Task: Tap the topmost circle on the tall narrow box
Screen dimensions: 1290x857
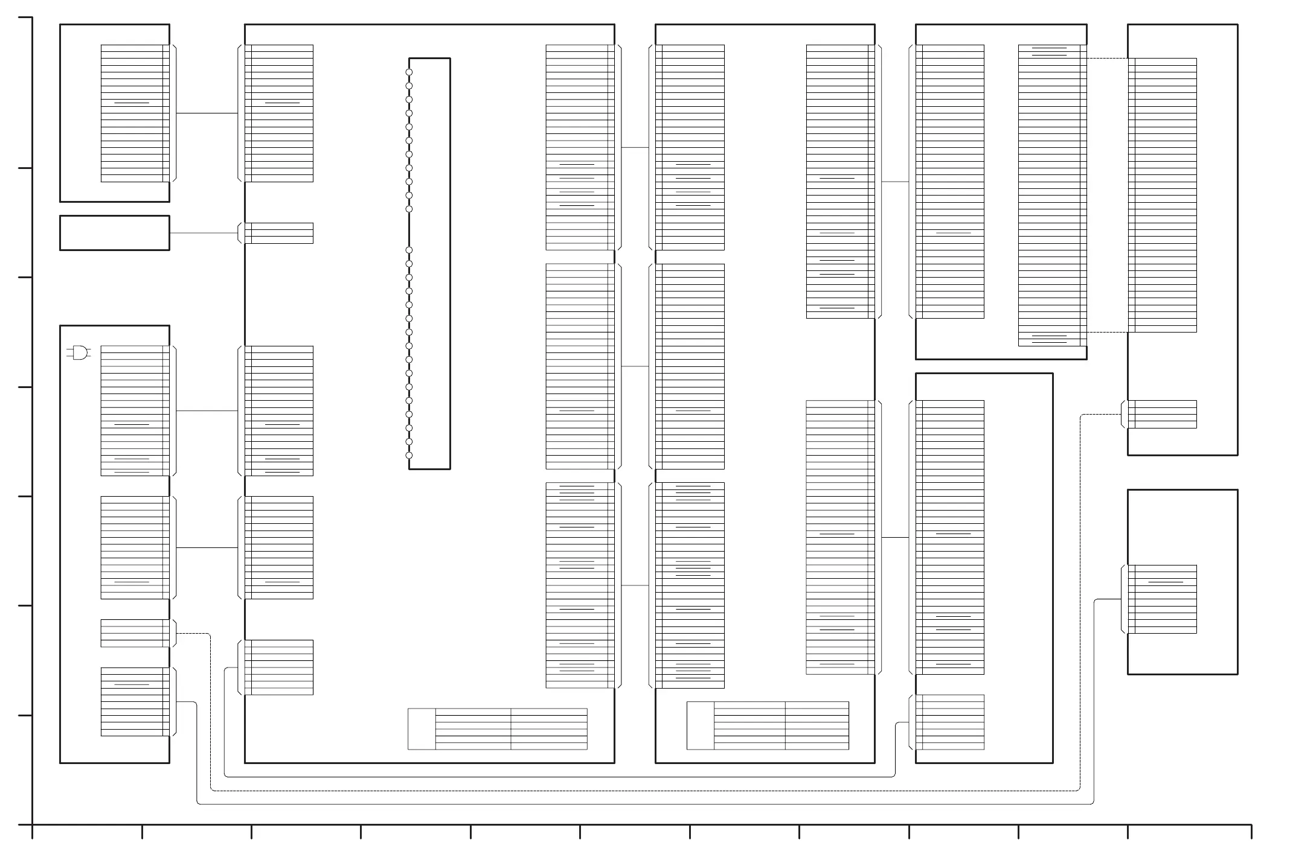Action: pos(409,72)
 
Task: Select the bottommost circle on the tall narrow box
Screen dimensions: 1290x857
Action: pos(409,456)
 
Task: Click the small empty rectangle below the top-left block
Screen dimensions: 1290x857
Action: pos(114,233)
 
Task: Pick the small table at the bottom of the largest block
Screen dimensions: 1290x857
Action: pos(498,729)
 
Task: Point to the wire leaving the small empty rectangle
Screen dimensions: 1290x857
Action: pos(204,233)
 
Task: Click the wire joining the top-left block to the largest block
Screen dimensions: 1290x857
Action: pos(207,113)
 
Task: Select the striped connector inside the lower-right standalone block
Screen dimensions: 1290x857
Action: pos(1162,599)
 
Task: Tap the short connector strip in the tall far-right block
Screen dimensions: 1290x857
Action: pos(1162,415)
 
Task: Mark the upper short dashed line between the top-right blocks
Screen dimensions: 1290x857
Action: pos(1107,59)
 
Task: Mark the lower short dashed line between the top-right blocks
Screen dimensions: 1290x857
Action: pos(1107,332)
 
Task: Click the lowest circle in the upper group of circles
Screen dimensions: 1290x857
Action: pos(409,209)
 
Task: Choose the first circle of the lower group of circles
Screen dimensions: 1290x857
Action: pos(409,250)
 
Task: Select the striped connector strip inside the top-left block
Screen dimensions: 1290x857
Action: pos(135,113)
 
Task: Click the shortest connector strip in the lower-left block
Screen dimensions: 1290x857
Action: pos(135,633)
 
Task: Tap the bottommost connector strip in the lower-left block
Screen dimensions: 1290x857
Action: pos(135,702)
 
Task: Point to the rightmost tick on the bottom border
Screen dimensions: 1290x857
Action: pos(1251,832)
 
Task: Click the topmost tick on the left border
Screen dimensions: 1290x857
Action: pos(25,18)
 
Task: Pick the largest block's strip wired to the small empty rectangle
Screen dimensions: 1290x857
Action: pos(279,233)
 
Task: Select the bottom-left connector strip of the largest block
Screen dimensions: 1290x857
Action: pos(279,667)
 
